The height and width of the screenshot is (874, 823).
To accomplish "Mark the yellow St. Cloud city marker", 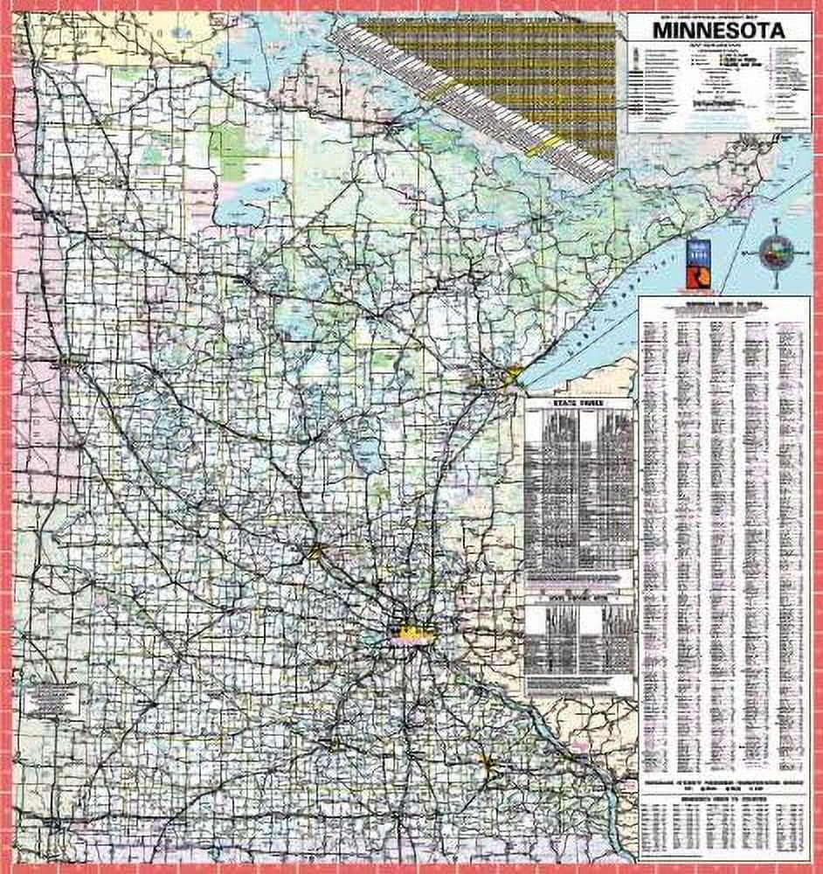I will (316, 550).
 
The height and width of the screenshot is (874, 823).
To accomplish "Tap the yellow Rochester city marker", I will (487, 761).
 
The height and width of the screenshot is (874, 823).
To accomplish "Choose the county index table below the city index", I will (724, 826).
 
